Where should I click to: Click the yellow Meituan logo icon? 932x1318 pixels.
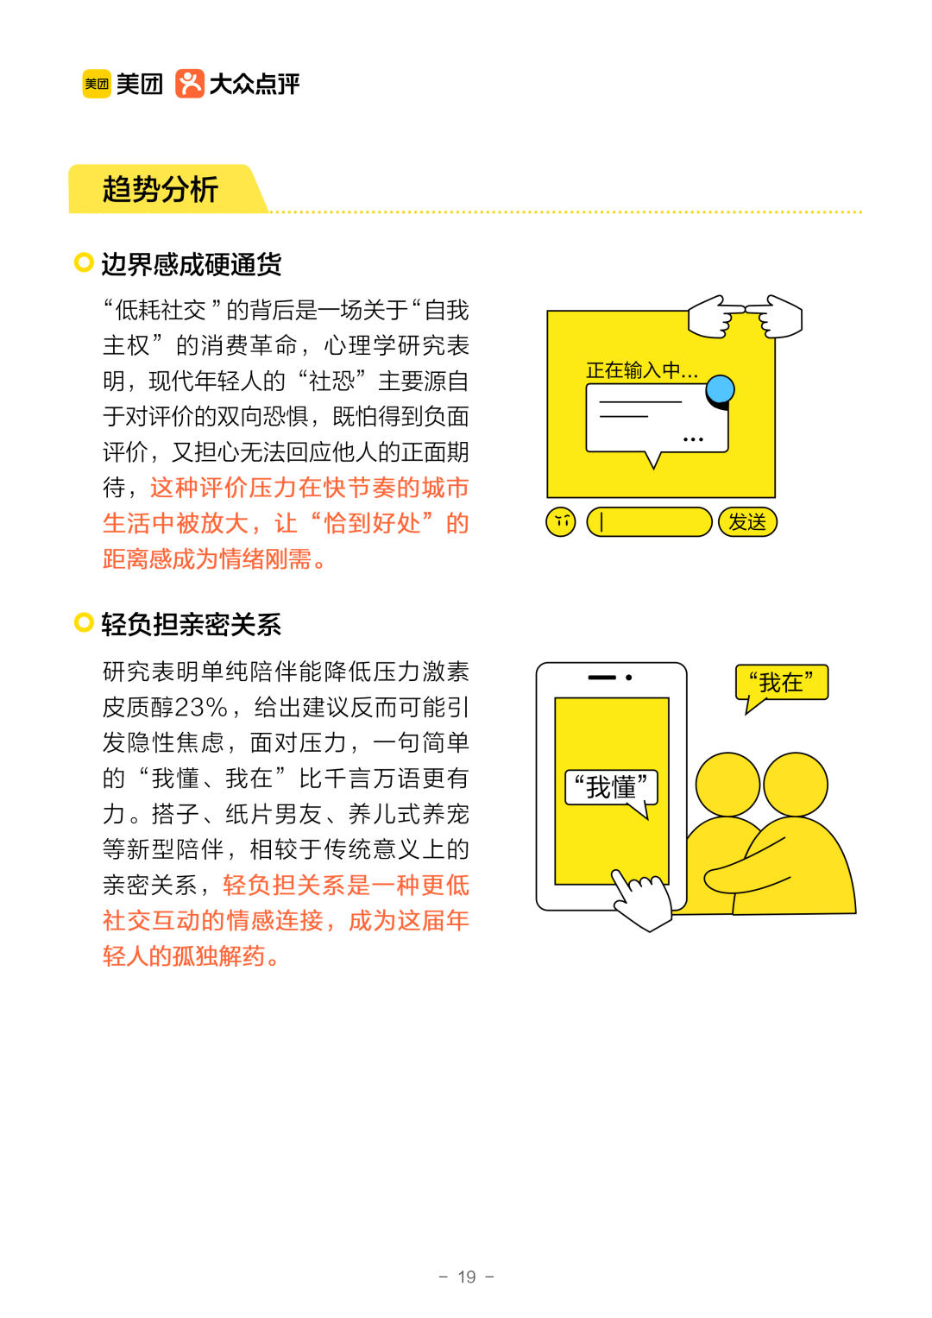(x=97, y=84)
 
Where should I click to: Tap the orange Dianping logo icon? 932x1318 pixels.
(x=190, y=84)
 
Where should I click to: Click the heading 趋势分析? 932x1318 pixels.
(x=161, y=189)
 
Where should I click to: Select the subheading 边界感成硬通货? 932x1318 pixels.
(x=191, y=264)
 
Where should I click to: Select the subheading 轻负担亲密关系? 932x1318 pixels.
(x=191, y=624)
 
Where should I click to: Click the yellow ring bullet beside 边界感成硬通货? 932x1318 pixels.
(x=84, y=262)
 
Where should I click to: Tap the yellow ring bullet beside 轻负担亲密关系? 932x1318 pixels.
(x=84, y=622)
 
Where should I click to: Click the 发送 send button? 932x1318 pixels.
(x=747, y=522)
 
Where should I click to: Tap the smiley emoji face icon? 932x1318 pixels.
(x=561, y=521)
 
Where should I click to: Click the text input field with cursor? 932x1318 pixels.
(x=649, y=522)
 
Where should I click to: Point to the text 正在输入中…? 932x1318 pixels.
(x=641, y=371)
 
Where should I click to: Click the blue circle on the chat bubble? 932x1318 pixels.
(x=720, y=390)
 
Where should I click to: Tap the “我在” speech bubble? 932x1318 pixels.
(x=781, y=683)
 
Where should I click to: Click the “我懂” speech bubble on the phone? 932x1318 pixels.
(x=611, y=787)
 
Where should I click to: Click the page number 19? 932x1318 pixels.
(x=466, y=1277)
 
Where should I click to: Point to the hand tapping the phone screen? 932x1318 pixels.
(x=643, y=899)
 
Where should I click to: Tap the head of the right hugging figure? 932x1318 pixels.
(x=795, y=785)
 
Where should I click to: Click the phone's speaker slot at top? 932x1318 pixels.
(x=601, y=678)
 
